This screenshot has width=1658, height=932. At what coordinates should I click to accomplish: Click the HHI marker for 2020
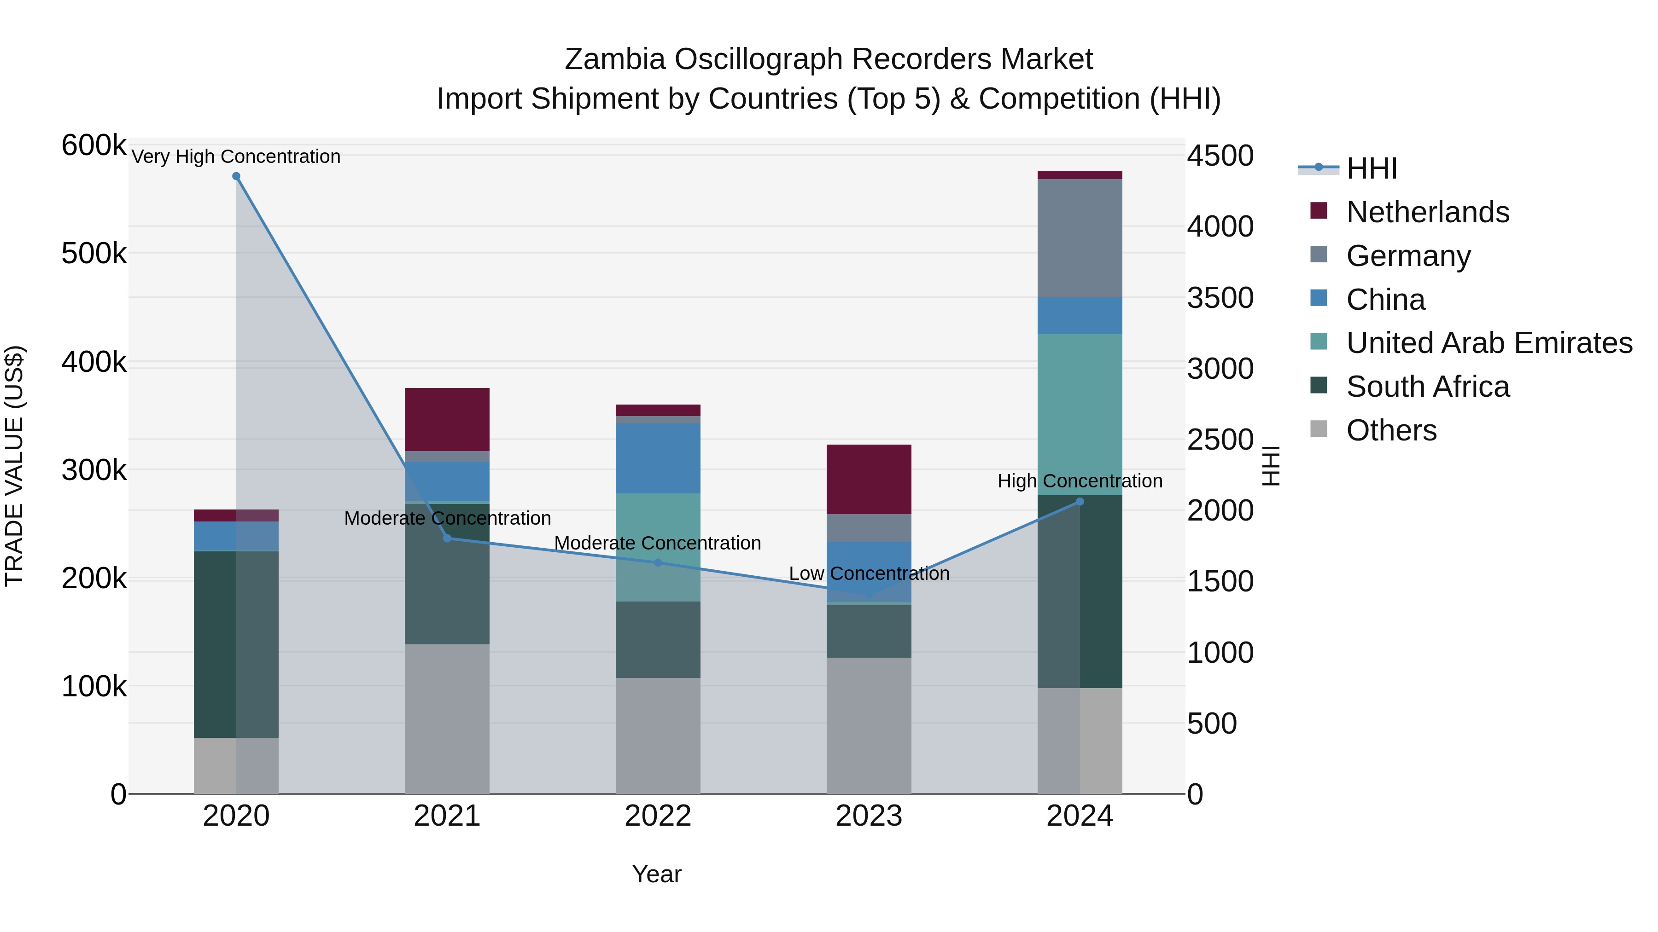tap(236, 176)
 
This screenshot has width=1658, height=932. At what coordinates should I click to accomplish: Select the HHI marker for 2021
tap(447, 538)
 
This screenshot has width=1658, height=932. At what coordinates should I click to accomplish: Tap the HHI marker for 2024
tap(1080, 502)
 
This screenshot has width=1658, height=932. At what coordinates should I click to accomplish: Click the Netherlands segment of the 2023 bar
tap(869, 479)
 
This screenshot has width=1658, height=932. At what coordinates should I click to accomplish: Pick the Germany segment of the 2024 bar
tap(1080, 238)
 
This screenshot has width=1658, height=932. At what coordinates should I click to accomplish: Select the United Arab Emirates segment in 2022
tap(658, 547)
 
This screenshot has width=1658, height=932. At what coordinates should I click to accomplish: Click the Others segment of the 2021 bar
tap(447, 718)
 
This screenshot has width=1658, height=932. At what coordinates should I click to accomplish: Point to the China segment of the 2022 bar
tap(658, 458)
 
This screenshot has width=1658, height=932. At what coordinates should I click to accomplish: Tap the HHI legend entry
tap(1371, 168)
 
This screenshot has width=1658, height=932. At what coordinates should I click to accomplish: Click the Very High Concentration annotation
tap(236, 156)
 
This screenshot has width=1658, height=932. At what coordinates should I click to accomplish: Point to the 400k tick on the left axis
tap(94, 362)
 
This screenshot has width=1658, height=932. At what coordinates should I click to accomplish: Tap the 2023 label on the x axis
tap(869, 816)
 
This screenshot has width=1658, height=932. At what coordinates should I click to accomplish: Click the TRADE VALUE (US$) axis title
tap(14, 466)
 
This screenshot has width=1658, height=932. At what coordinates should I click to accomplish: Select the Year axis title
tap(656, 874)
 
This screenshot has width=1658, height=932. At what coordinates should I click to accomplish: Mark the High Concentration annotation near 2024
tap(1080, 480)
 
